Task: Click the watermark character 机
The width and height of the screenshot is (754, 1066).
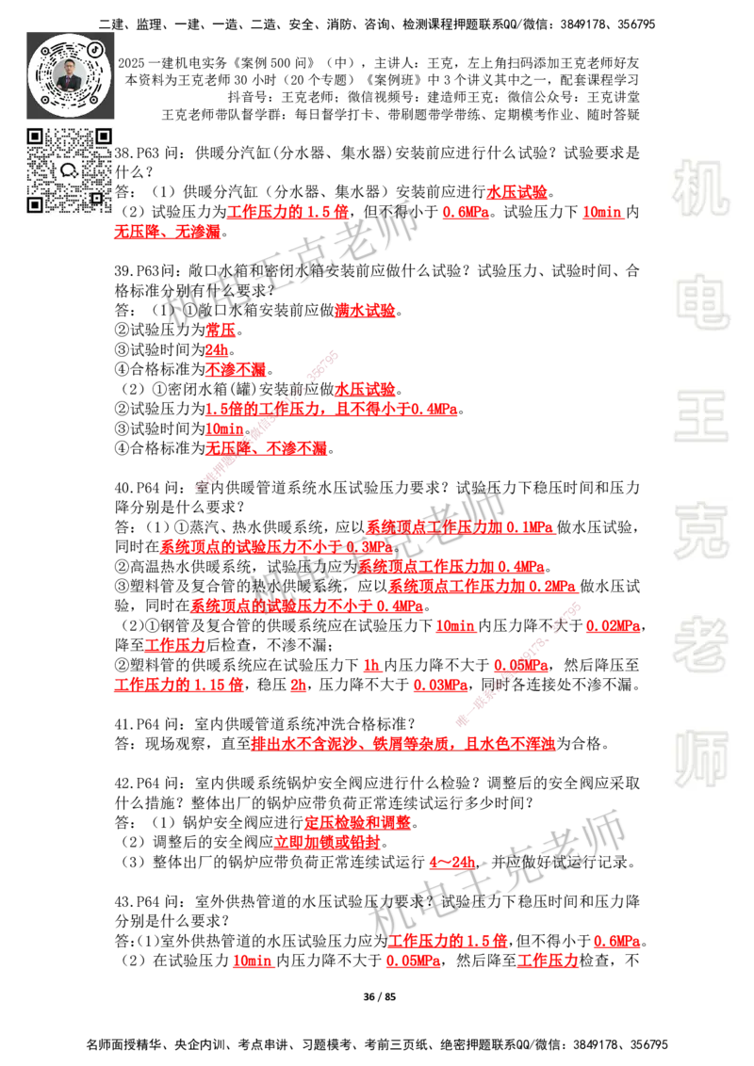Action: pyautogui.click(x=700, y=188)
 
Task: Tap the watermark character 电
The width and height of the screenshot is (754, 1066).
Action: pyautogui.click(x=704, y=301)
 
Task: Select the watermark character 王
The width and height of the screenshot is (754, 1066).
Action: pyautogui.click(x=700, y=417)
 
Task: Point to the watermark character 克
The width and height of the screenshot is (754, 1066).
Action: pyautogui.click(x=700, y=531)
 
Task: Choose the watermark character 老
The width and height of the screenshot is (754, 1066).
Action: pyautogui.click(x=700, y=644)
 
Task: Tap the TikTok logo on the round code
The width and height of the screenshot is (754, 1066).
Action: pyautogui.click(x=96, y=47)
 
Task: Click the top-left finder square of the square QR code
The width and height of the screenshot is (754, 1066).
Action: pyautogui.click(x=35, y=137)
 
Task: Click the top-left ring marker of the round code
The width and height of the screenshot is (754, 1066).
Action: pyautogui.click(x=44, y=49)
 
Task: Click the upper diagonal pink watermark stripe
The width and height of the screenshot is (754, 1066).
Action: pyautogui.click(x=266, y=419)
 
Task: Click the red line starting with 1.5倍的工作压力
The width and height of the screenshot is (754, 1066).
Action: pyautogui.click(x=331, y=410)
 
